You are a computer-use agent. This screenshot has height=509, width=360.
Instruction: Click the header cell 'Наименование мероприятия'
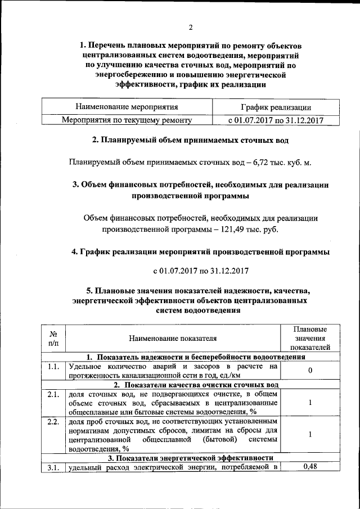click(x=127, y=106)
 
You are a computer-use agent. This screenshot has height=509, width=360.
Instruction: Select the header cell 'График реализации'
click(x=276, y=107)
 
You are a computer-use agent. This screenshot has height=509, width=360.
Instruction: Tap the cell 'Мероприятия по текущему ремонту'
click(x=127, y=120)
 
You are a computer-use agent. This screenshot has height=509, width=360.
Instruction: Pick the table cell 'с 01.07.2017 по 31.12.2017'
click(x=276, y=120)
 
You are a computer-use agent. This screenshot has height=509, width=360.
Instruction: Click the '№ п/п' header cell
click(x=53, y=338)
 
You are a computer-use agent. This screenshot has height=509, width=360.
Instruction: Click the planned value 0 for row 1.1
click(x=311, y=371)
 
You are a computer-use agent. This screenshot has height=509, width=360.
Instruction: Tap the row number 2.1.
click(x=53, y=394)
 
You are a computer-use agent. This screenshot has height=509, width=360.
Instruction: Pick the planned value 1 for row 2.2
click(x=311, y=434)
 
